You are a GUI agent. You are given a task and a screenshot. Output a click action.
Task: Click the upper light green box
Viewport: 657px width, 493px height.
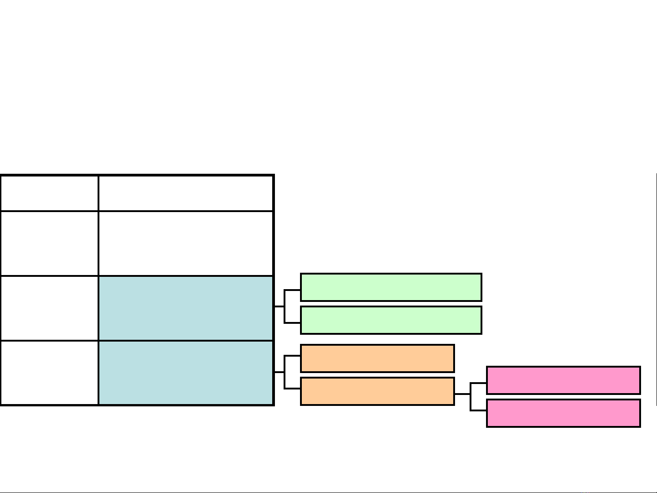point(391,287)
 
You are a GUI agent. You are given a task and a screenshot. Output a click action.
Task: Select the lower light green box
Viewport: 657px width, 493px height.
point(391,320)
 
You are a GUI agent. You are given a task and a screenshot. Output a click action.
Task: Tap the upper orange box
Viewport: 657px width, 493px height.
point(378,358)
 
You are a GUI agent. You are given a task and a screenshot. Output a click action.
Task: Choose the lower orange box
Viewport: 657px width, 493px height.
point(378,391)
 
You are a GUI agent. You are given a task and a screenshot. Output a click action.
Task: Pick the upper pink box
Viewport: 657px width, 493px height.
point(564,380)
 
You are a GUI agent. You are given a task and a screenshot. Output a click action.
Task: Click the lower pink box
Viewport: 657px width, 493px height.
point(564,413)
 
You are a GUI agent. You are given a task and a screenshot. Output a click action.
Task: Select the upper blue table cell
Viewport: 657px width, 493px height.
point(186,308)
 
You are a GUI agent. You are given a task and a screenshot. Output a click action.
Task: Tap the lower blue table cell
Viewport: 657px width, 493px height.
point(186,373)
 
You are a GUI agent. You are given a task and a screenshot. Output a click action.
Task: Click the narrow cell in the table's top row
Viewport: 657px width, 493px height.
point(49,193)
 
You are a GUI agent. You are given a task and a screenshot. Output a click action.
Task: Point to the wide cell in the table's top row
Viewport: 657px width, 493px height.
point(186,193)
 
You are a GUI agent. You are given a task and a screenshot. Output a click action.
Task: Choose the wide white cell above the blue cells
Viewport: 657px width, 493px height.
point(186,243)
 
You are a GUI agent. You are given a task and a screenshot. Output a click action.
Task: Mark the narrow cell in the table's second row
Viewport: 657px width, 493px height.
point(49,243)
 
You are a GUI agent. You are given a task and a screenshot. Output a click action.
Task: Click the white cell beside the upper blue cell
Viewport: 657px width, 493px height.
point(49,308)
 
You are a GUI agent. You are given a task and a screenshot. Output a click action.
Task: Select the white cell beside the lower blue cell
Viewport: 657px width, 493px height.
point(49,373)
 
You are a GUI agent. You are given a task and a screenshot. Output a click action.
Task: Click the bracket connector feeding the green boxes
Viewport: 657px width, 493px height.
point(285,306)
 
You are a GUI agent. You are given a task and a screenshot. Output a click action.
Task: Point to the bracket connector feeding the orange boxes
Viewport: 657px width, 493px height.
point(285,372)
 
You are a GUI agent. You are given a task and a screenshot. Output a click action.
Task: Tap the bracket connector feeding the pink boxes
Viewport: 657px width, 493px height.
point(471,394)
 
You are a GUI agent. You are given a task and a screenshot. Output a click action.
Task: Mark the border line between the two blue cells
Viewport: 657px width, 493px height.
point(186,340)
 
